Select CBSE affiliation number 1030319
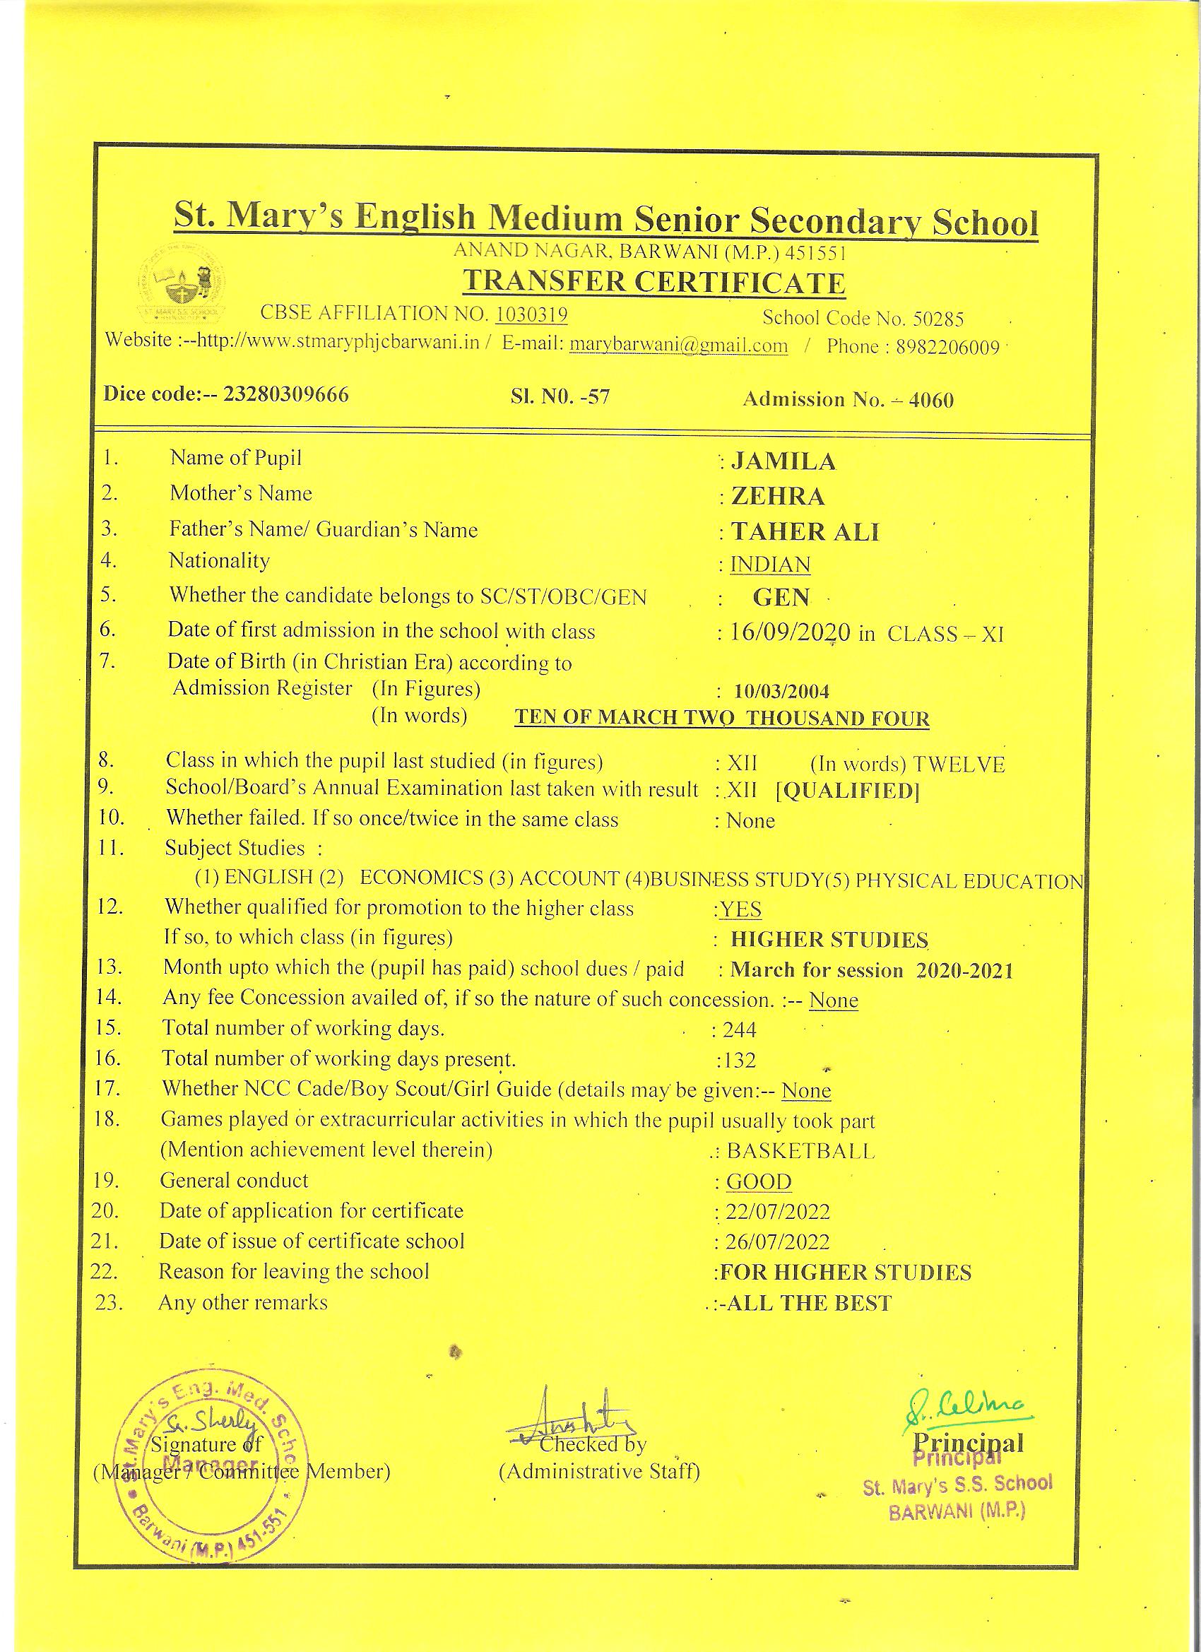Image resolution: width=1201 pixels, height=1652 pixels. click(531, 314)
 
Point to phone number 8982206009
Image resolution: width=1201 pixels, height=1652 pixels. click(947, 348)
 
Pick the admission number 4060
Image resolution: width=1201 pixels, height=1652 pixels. click(931, 400)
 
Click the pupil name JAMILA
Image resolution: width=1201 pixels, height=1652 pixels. click(783, 462)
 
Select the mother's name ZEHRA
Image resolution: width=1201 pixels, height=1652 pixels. click(778, 497)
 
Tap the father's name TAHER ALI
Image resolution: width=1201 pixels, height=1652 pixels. click(805, 532)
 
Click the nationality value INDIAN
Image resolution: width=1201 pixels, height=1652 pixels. click(770, 565)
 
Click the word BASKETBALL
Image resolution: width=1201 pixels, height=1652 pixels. click(800, 1150)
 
